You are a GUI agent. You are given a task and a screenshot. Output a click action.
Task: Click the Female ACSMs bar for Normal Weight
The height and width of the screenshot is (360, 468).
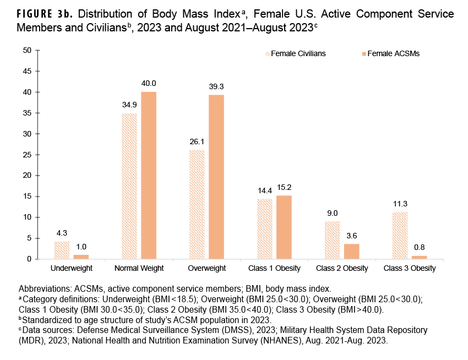coord(149,176)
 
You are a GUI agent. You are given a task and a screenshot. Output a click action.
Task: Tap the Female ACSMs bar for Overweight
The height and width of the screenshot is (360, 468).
coord(216,177)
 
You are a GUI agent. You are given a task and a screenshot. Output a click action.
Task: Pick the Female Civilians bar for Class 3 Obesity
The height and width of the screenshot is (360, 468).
coord(400,235)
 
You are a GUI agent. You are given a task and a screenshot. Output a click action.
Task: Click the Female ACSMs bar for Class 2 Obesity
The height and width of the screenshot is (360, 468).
coord(352,252)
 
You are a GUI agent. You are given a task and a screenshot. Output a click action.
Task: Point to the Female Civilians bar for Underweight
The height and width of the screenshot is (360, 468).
coord(62,250)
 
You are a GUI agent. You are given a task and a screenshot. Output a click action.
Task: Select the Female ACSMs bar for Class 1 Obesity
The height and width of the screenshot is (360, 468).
coord(284,227)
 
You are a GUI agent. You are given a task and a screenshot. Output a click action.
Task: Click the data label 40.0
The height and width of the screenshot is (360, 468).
coord(149,83)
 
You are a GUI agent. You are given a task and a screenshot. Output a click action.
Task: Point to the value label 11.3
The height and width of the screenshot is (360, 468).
coord(400,204)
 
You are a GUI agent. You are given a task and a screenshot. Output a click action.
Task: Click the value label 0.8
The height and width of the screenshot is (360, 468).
coord(419,247)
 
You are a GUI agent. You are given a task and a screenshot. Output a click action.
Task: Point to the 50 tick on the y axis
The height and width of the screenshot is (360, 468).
coord(26,50)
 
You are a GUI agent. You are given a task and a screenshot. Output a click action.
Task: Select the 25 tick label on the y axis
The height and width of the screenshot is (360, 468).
coord(26,155)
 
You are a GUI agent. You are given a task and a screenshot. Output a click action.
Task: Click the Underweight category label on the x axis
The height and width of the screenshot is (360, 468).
coord(72,269)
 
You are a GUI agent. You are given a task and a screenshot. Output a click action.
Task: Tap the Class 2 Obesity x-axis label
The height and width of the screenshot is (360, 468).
coord(342,269)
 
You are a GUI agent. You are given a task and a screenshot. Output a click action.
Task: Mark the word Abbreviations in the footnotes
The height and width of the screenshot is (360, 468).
coord(44,289)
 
